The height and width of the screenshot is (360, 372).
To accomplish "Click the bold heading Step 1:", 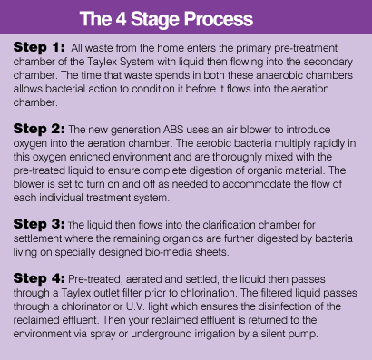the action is [x=39, y=47].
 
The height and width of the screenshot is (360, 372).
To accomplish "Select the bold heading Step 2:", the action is [x=39, y=129].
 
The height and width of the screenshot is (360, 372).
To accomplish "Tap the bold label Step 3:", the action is [x=39, y=224].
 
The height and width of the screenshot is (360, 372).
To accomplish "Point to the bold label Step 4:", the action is [x=39, y=278].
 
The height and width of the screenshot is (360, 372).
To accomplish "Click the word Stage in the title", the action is [x=155, y=20].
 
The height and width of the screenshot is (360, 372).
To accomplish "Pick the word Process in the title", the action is [x=219, y=19].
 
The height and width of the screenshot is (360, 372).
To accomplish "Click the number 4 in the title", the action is [x=121, y=19].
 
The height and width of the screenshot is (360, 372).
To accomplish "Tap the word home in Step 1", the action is [x=171, y=48].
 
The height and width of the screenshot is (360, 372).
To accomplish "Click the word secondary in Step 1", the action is [x=328, y=62].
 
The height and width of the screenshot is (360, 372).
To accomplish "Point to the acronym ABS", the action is [x=173, y=130].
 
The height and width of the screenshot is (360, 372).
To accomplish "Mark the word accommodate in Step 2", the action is [x=273, y=184].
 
